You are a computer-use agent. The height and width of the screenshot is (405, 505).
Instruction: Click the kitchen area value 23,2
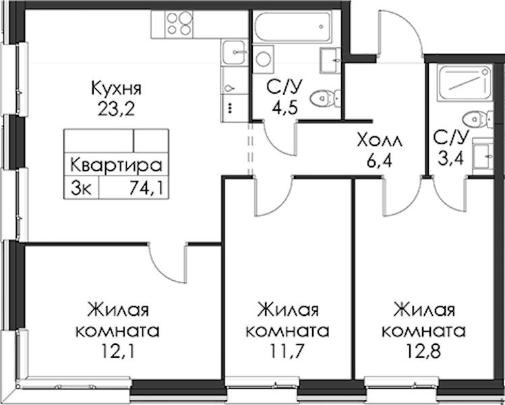point(115,109)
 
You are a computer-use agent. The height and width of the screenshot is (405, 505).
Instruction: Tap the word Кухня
point(116,88)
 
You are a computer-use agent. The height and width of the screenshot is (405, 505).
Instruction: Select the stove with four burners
point(179,24)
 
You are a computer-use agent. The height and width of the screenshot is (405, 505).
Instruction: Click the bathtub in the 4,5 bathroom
point(293,26)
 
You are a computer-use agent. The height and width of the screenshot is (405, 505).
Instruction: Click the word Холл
point(380,141)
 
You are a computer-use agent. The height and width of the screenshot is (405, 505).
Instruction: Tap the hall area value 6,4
point(380,161)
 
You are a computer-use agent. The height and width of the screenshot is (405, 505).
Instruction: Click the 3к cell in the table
point(82,188)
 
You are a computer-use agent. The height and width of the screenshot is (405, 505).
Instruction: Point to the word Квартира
point(116,165)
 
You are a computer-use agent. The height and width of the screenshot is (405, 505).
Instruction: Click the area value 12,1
point(117,351)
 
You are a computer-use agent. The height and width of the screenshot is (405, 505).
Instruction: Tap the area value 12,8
point(423,351)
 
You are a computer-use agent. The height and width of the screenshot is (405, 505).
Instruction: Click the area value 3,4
point(450,159)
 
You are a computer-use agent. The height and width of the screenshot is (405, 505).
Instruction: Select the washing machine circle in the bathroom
point(263,59)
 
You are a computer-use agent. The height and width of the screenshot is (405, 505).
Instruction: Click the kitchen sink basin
point(234,52)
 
